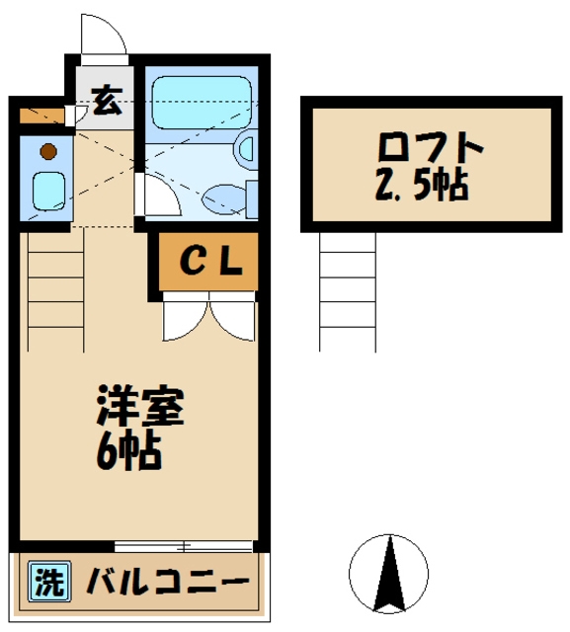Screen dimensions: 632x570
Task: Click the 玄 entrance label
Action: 106,99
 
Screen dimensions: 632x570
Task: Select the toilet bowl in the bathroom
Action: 222,198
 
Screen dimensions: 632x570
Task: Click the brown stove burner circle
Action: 45,152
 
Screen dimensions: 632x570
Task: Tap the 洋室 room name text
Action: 139,407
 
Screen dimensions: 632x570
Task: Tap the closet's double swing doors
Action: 208,318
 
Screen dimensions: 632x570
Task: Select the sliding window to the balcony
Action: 184,545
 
